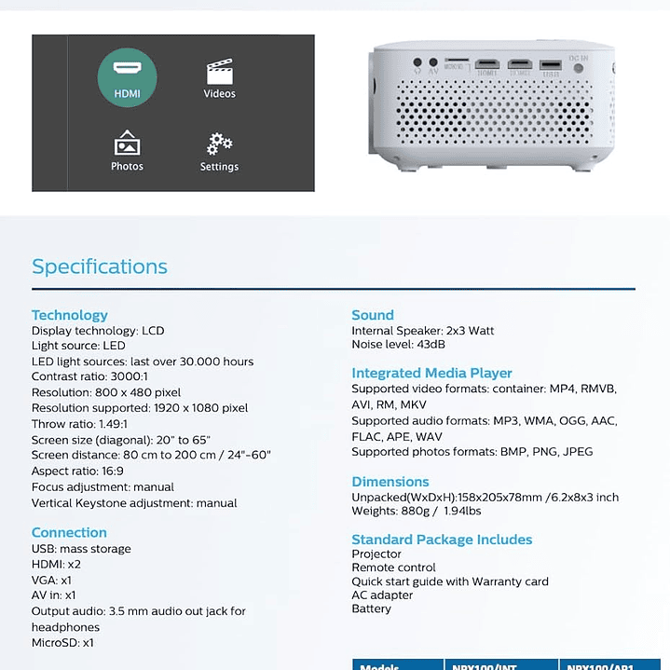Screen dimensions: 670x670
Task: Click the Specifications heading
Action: (x=100, y=267)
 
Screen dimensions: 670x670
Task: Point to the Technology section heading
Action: (x=70, y=315)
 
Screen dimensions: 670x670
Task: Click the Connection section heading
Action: (x=69, y=533)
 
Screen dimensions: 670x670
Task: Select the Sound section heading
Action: (x=373, y=315)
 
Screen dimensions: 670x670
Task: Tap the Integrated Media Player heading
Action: (x=431, y=373)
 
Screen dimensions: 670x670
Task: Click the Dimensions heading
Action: (x=390, y=482)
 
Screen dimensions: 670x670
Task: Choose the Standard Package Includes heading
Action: (x=442, y=540)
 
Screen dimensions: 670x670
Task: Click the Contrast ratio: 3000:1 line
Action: (x=89, y=376)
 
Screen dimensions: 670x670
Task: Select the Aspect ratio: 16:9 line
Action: (x=77, y=472)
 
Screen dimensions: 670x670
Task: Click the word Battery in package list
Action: (x=371, y=608)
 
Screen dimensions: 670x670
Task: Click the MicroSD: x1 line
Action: (x=62, y=643)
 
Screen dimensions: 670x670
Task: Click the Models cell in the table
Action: (x=380, y=666)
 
